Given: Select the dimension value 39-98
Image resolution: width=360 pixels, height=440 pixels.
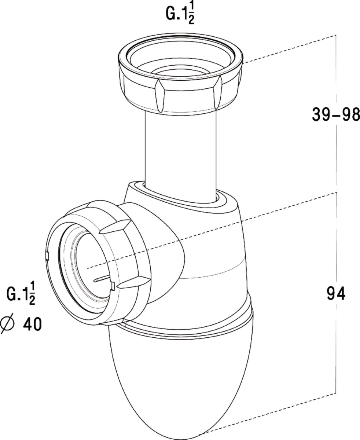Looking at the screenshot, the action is tap(336, 114).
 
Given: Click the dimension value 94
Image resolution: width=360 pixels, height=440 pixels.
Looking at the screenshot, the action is tap(336, 294).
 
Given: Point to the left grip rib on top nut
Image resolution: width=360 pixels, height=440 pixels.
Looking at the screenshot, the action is tap(159, 96).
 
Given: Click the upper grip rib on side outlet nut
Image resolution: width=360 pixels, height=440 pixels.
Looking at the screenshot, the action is tap(115, 226).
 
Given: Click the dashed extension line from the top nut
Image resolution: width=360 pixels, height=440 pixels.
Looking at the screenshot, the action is tap(290, 49).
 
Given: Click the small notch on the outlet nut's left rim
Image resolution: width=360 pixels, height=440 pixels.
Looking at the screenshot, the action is tap(47, 256).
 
